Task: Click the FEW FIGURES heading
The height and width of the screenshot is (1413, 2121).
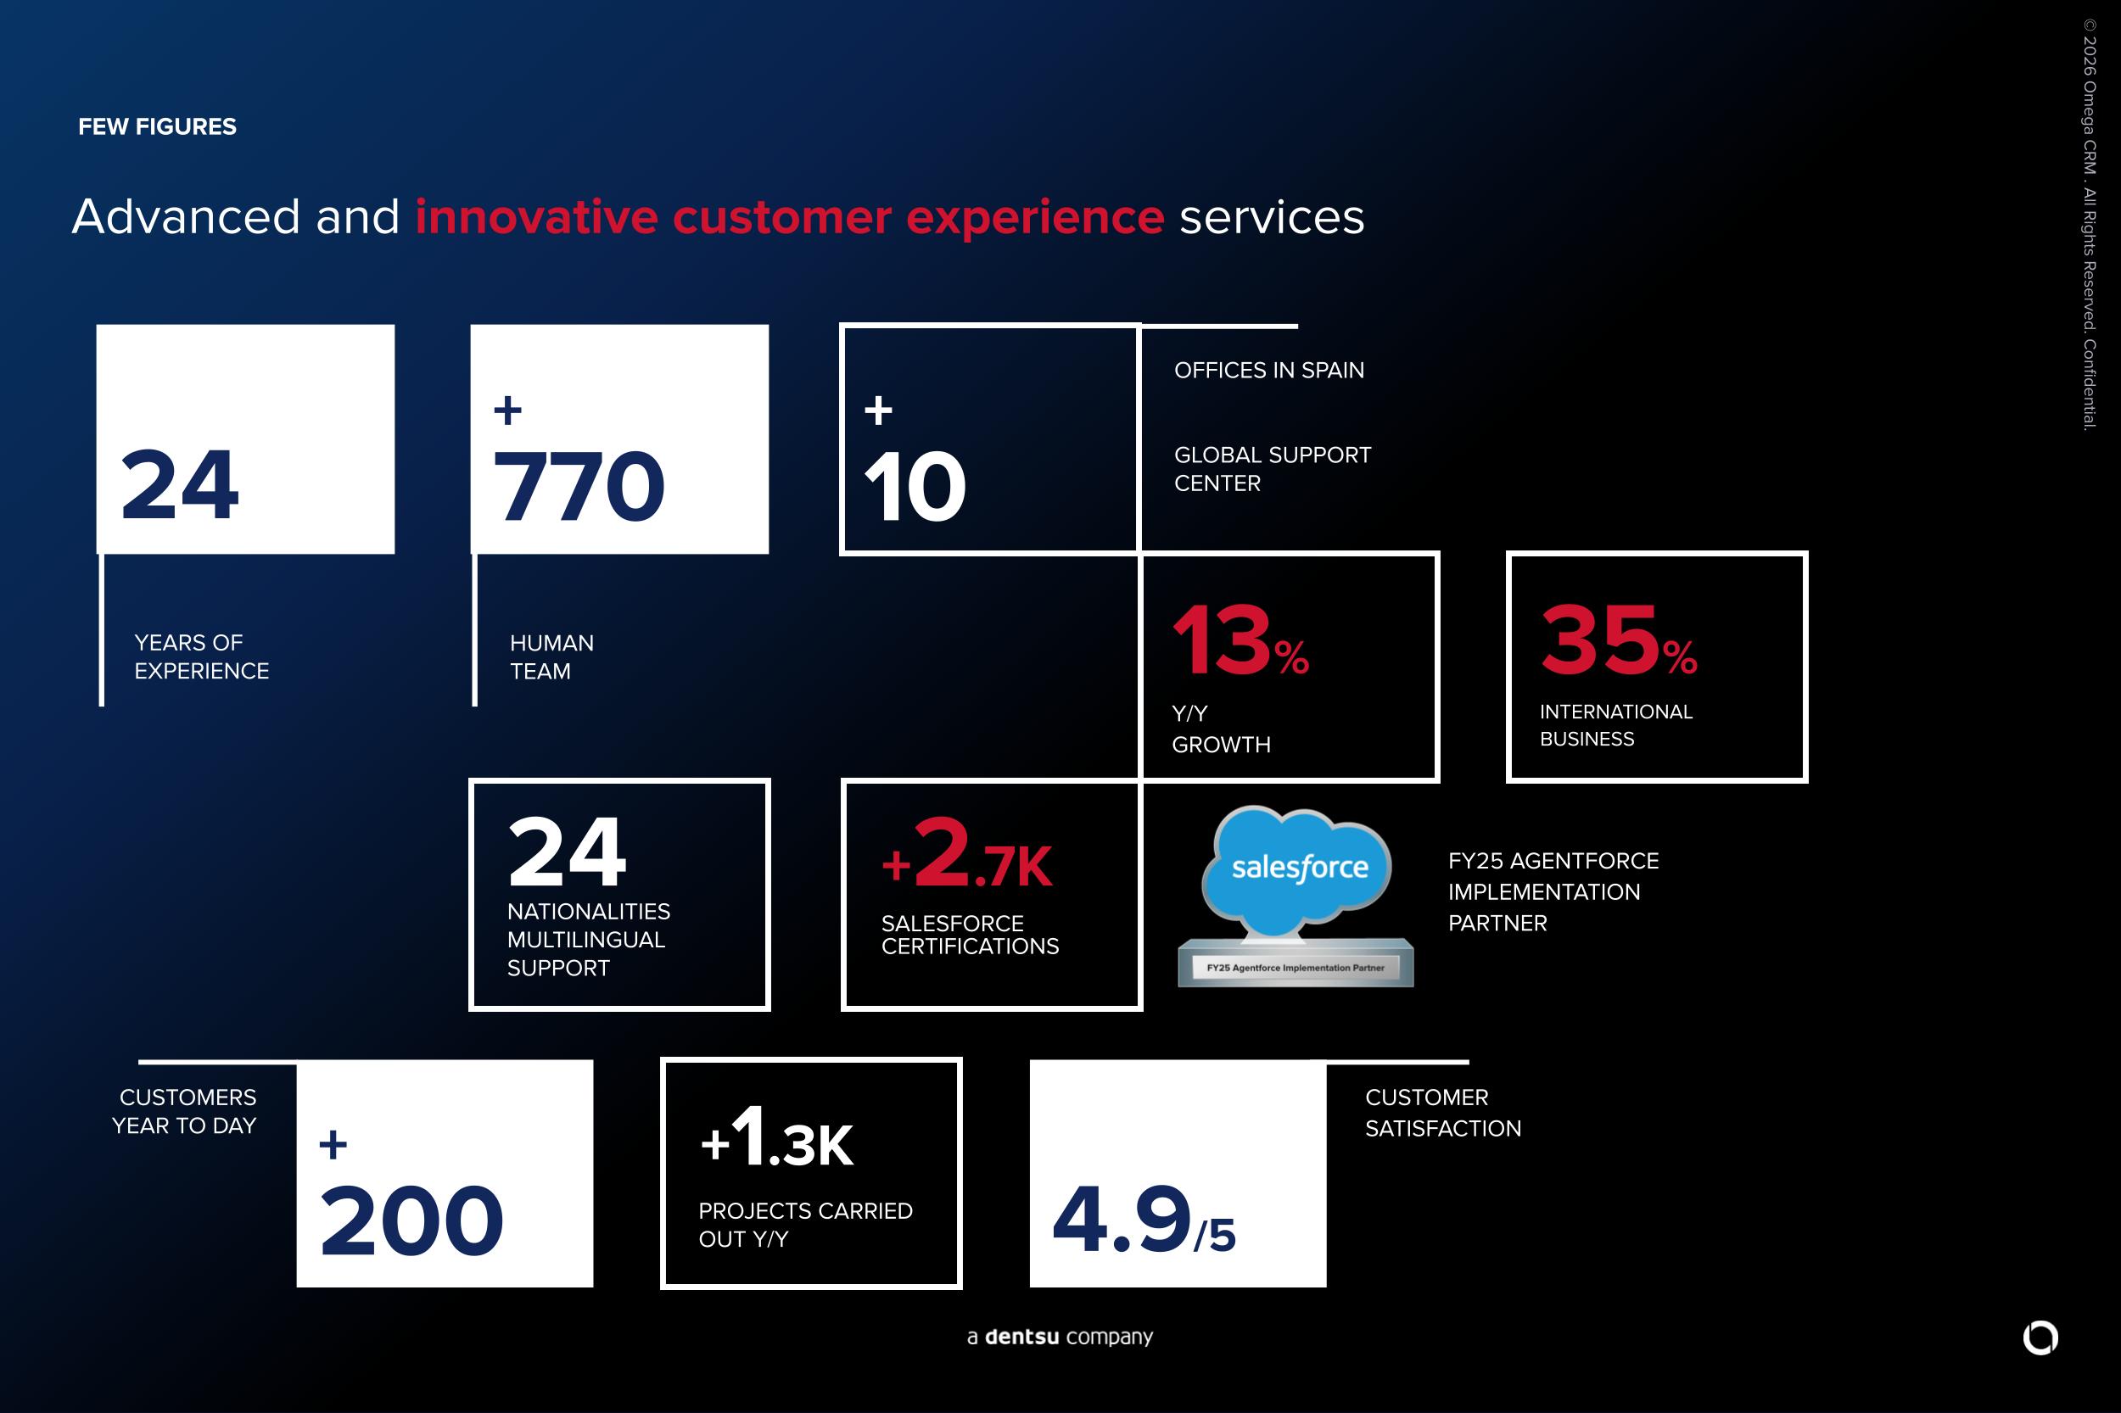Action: click(x=158, y=127)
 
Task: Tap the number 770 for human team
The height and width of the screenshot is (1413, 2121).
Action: click(x=579, y=487)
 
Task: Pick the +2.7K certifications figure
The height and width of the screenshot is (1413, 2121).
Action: click(x=966, y=854)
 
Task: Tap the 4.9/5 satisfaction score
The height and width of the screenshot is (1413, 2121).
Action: click(x=1144, y=1220)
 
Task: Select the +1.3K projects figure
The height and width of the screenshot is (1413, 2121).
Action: click(x=777, y=1137)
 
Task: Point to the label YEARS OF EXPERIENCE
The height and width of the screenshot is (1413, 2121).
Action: click(x=202, y=657)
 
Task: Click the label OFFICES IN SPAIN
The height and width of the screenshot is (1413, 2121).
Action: click(x=1269, y=371)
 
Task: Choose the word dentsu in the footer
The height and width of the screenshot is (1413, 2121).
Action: click(x=1021, y=1337)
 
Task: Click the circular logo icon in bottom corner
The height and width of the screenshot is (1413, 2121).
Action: click(x=2040, y=1338)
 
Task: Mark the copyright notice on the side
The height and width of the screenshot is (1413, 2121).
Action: click(x=2090, y=226)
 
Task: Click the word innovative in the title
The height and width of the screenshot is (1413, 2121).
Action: click(x=536, y=217)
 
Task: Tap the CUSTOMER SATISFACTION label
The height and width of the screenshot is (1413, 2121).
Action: click(x=1443, y=1113)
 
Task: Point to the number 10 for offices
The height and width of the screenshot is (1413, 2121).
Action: click(x=915, y=487)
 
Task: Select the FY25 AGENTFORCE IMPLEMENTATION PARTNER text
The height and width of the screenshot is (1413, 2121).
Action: click(x=1554, y=892)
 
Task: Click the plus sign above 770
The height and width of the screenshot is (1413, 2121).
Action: click(x=507, y=410)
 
